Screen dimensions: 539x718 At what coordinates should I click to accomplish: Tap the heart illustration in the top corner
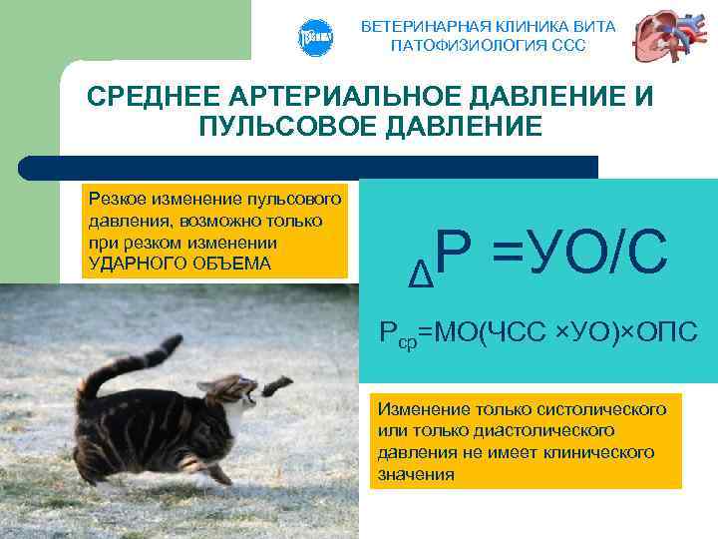(667, 37)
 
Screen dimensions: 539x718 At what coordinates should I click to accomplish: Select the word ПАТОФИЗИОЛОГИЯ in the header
(467, 45)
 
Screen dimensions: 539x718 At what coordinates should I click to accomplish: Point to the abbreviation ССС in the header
(567, 45)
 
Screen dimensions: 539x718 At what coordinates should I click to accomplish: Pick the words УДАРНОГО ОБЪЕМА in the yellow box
(179, 264)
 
